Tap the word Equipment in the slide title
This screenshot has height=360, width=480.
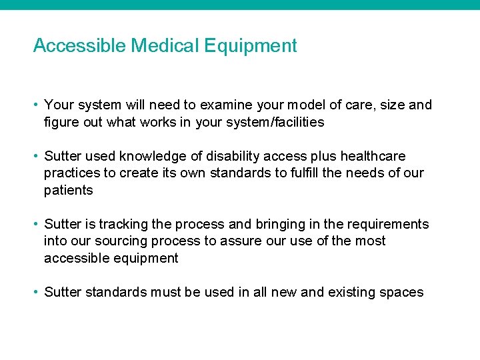coord(251,47)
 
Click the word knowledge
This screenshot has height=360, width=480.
coord(154,157)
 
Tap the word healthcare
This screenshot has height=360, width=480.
coord(373,157)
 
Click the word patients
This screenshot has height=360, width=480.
coord(69,191)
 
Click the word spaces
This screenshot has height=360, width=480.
coord(402,293)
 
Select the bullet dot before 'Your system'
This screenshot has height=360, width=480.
coord(37,105)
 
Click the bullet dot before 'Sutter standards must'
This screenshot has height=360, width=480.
coord(37,293)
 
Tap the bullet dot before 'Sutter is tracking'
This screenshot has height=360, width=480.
coord(37,225)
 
